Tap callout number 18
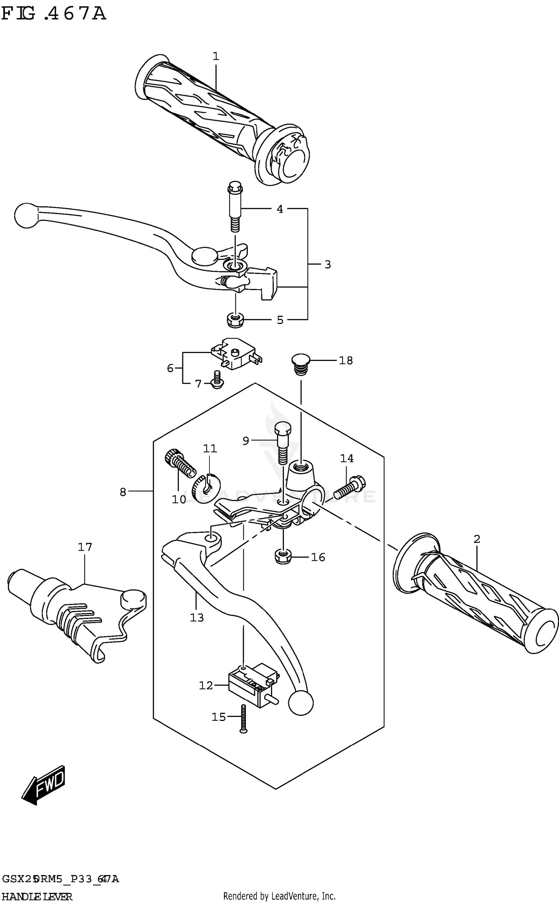click(x=345, y=361)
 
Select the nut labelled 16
click(x=282, y=557)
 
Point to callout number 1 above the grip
click(x=216, y=56)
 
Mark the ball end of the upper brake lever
click(x=26, y=215)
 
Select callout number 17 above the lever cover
click(x=85, y=547)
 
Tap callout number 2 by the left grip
click(x=477, y=539)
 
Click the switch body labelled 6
click(x=235, y=354)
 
